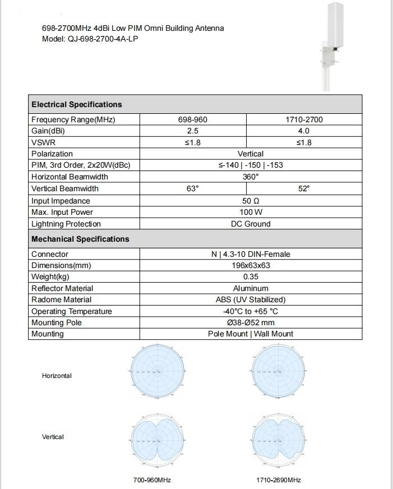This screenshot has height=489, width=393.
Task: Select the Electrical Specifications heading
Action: coord(77,104)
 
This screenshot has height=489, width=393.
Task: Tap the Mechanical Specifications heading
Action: coord(80,239)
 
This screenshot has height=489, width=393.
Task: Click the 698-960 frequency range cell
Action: coord(193,119)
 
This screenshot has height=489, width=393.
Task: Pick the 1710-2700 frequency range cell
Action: coord(304,119)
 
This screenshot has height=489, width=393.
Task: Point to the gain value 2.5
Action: coord(193,131)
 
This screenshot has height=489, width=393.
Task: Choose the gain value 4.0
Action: coord(304,131)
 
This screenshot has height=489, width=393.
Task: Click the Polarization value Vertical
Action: coord(251,154)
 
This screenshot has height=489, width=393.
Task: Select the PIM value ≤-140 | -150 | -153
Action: coord(251,165)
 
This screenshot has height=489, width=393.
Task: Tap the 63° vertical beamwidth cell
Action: coord(193,189)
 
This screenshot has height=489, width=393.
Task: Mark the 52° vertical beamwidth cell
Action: coord(304,189)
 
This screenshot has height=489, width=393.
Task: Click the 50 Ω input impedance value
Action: coord(251,201)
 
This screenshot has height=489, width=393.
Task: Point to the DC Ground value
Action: coord(251,224)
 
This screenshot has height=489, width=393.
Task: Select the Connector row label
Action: coord(50,254)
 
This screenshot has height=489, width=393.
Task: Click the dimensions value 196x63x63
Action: coord(251,265)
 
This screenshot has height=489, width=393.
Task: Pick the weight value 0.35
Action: coord(251,276)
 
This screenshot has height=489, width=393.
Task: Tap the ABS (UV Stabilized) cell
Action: coord(251,299)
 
